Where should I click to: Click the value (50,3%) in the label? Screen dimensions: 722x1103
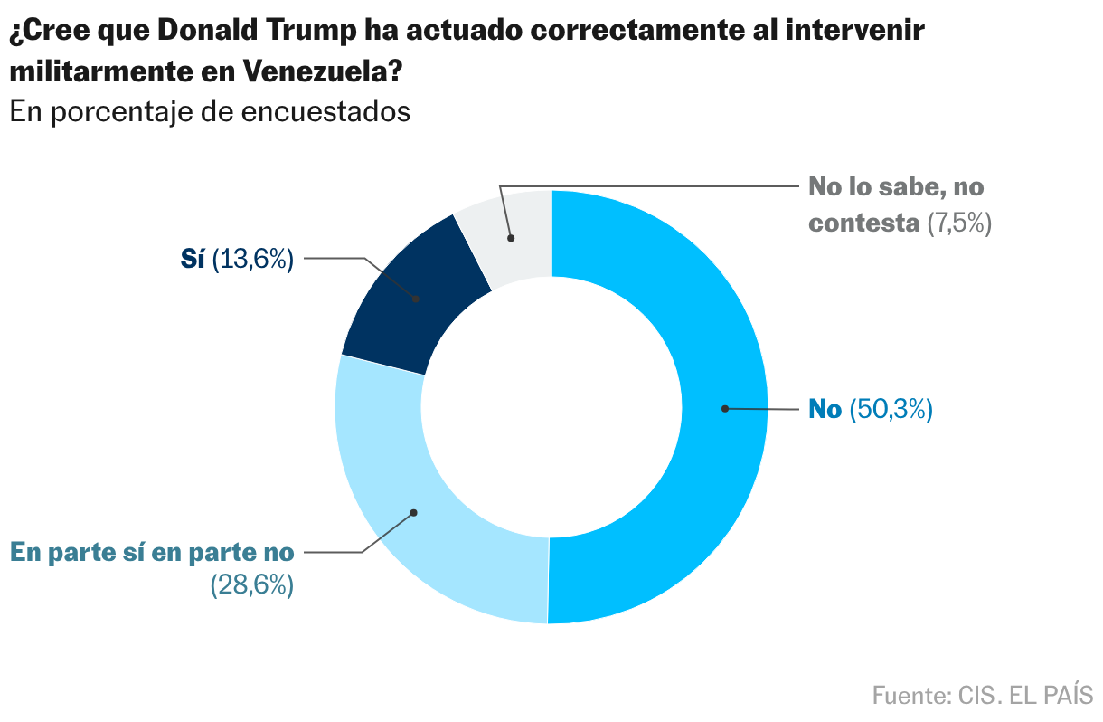pos(891,410)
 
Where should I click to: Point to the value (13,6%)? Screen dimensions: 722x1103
pos(253,260)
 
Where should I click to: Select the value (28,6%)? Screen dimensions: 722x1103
pos(252,585)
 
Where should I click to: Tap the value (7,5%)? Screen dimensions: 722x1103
pos(960,223)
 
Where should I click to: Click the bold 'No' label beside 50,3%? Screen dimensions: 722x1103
pos(825,410)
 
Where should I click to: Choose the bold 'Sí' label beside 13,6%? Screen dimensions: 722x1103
pos(193,260)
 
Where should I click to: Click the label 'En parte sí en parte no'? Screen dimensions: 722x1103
pos(152,551)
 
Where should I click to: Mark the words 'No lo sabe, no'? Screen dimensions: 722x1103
pos(895,188)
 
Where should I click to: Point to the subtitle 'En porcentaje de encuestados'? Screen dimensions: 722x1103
pos(210,112)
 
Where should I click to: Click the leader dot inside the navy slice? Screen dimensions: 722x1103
pos(416,299)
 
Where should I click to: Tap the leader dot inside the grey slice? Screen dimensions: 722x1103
pos(511,239)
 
